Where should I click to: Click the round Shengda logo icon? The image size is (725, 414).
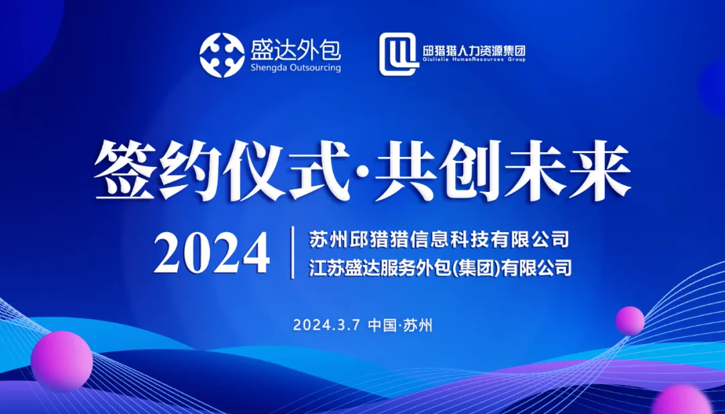tap(222, 55)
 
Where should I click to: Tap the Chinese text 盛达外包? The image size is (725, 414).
tap(296, 50)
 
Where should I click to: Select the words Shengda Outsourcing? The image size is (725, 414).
tap(295, 68)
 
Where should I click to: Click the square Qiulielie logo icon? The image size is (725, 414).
tap(399, 54)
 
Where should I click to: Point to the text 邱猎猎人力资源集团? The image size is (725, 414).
tap(475, 50)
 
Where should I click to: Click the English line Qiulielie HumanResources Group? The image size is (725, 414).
tap(475, 60)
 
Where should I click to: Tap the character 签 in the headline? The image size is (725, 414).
tap(126, 171)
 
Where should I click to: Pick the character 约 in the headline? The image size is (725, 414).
tap(190, 171)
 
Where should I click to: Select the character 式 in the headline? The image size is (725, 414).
tap(318, 171)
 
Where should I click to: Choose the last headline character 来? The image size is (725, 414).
tap(599, 171)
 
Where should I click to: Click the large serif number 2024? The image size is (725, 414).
tap(211, 253)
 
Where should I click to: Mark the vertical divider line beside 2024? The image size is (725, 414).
tap(292, 253)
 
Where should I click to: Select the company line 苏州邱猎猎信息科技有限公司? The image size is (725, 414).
tap(439, 240)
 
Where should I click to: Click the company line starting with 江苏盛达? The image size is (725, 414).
tap(440, 268)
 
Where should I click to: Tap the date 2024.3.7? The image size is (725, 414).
tap(326, 325)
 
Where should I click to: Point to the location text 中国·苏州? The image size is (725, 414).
tap(400, 325)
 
